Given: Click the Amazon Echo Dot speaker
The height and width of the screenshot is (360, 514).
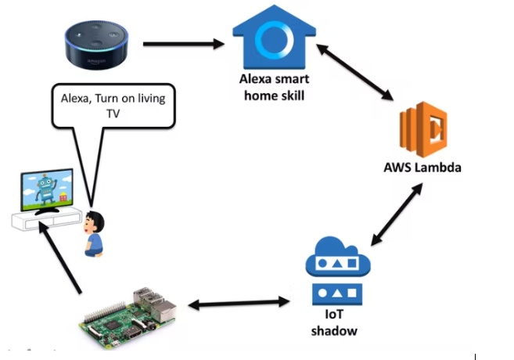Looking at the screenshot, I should pos(98,42).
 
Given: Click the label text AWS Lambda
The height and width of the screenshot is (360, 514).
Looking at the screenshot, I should pos(422,167).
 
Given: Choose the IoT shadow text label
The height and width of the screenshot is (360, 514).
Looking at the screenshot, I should pos(336,323).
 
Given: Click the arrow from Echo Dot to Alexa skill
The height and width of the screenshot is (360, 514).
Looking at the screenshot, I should pos(183,43).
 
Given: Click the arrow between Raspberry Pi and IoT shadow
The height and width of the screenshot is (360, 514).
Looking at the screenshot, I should pos(235,303).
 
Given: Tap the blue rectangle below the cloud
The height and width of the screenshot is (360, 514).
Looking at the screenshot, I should pos(336,295).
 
